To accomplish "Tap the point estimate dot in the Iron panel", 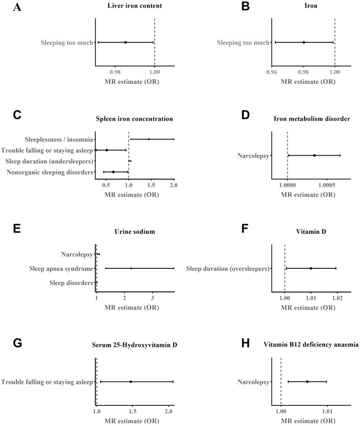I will pos(304,42).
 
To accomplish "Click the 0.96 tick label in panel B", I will pos(272,72).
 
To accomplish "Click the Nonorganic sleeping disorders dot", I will pos(113,172).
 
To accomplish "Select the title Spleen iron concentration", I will pos(135,118).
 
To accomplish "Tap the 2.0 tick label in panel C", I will pos(174,185).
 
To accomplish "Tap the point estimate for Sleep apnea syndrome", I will pos(131,268).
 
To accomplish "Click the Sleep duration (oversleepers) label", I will pos(228,268).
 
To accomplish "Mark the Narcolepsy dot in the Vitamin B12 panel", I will pos(307,382).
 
